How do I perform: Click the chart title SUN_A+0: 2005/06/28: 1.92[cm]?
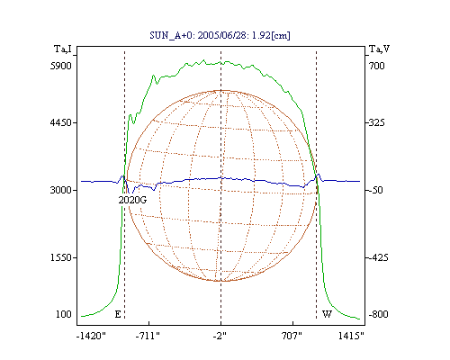[x=220, y=35]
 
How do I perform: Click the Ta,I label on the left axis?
[x=63, y=49]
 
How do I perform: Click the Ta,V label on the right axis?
[x=379, y=49]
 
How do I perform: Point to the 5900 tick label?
[x=61, y=66]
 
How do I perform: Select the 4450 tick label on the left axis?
[x=61, y=122]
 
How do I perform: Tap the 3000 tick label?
[x=61, y=190]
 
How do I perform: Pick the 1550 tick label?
[x=61, y=257]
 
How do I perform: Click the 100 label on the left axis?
[x=64, y=314]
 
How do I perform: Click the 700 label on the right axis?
[x=377, y=66]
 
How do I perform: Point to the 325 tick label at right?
[x=377, y=122]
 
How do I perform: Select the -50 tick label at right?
[x=375, y=190]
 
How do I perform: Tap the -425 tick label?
[x=378, y=257]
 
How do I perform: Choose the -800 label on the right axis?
[x=378, y=314]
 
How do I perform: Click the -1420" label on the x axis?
[x=91, y=336]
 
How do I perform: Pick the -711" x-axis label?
[x=148, y=336]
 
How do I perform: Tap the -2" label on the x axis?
[x=220, y=336]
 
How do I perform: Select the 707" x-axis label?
[x=292, y=336]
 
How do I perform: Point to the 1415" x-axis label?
[x=351, y=336]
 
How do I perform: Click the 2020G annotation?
[x=132, y=200]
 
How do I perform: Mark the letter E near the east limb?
[x=118, y=314]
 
